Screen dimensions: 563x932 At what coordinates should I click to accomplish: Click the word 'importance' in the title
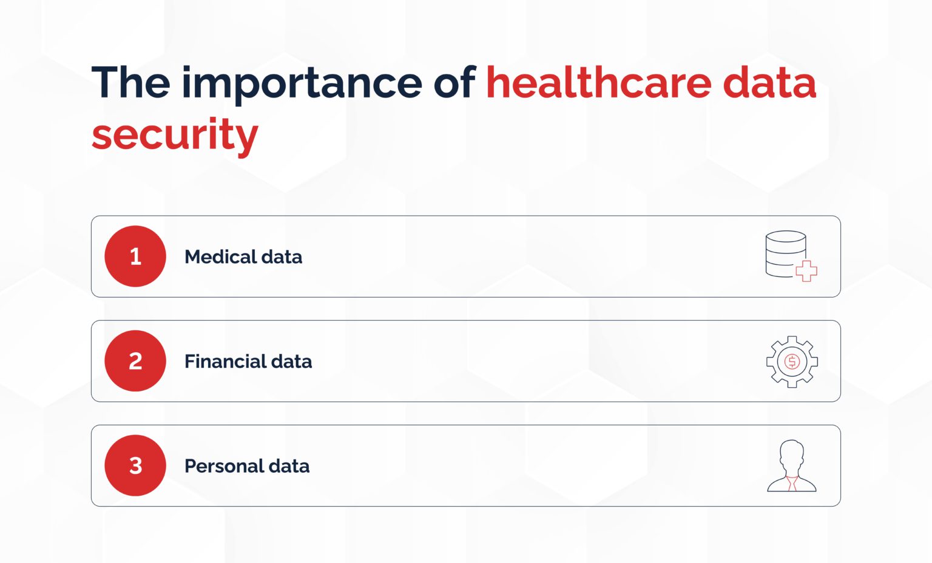302,84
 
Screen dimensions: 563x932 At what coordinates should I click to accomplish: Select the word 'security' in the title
175,135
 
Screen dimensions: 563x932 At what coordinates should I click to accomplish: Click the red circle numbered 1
135,256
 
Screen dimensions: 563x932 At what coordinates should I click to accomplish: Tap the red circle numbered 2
135,361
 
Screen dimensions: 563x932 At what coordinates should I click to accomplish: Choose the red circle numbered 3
135,465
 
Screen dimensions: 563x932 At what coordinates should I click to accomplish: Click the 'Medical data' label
243,257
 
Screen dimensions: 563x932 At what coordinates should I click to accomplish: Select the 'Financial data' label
248,362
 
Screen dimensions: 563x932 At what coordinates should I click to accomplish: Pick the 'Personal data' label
247,466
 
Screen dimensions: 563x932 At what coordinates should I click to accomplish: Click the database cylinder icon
785,253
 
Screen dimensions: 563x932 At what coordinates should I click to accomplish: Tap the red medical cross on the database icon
806,271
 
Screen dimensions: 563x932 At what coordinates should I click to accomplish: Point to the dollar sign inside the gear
792,362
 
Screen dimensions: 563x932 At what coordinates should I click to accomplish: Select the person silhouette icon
792,465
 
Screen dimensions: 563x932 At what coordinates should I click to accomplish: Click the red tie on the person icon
791,483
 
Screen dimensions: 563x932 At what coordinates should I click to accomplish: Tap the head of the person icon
792,454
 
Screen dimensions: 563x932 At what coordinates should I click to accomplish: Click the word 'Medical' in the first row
220,257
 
